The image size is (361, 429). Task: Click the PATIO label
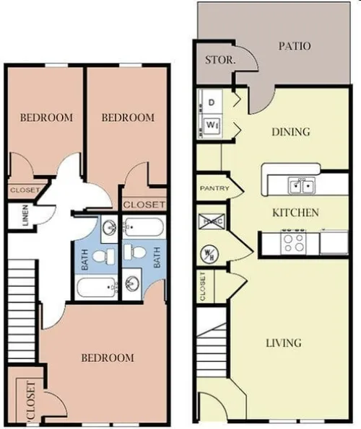pos(295,46)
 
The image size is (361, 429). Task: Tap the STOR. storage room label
pos(219,61)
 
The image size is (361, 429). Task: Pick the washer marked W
pos(213,125)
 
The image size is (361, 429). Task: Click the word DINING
pos(290,132)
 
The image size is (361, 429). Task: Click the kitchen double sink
pos(302,187)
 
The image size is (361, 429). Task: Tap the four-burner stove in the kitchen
pos(294,242)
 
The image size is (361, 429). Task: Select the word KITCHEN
pos(295,213)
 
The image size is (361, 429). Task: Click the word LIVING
pos(282,342)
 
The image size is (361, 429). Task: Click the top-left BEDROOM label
pos(46,118)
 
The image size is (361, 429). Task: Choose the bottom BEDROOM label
pos(107,358)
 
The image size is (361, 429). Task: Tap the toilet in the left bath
pos(105,256)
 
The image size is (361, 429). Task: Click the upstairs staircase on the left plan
pos(22,310)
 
